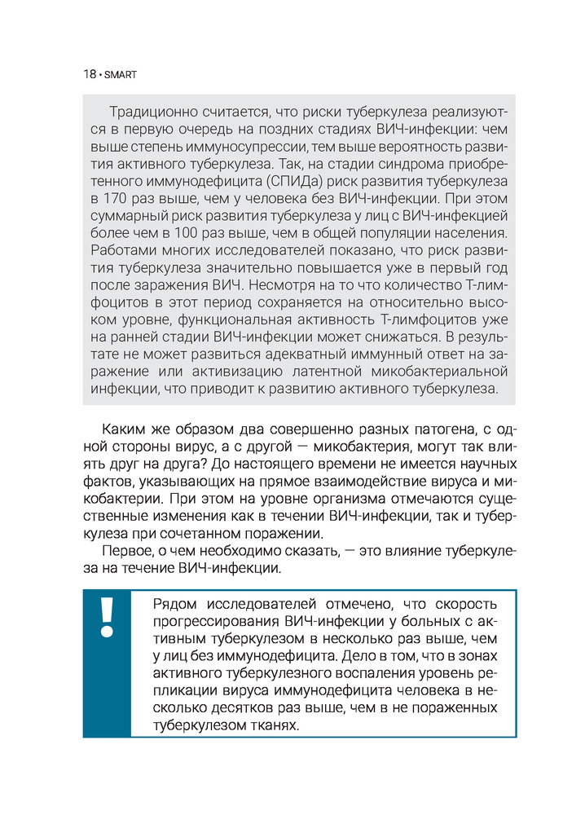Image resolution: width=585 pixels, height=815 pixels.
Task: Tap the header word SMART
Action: point(121,74)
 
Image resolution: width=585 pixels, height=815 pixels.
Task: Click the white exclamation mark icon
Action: point(107,620)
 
